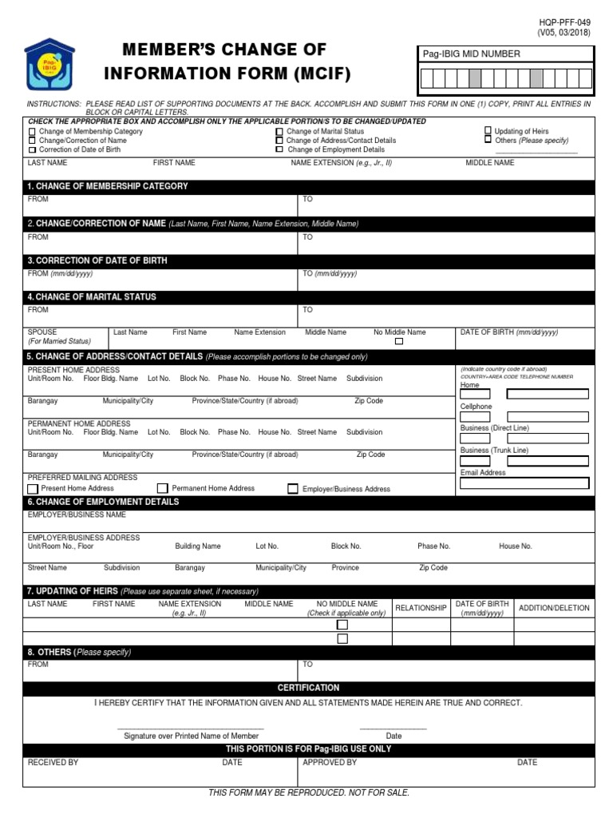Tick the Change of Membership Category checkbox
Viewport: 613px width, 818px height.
pyautogui.click(x=32, y=132)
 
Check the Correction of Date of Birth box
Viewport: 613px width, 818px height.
pyautogui.click(x=32, y=149)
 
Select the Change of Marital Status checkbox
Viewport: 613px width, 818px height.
pyautogui.click(x=279, y=132)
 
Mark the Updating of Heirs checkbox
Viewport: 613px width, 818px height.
pyautogui.click(x=488, y=130)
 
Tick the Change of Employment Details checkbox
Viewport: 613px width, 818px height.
pyautogui.click(x=279, y=149)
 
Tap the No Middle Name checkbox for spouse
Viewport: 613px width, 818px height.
pyautogui.click(x=399, y=341)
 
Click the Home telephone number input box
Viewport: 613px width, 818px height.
pyautogui.click(x=548, y=393)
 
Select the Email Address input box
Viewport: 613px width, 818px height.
pyautogui.click(x=524, y=482)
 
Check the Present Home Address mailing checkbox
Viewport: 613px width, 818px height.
pyautogui.click(x=33, y=489)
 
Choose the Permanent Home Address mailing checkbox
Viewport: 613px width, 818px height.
pyautogui.click(x=163, y=488)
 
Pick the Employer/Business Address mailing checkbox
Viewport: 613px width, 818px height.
pyautogui.click(x=293, y=489)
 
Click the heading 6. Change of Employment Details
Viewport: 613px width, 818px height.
pyautogui.click(x=104, y=502)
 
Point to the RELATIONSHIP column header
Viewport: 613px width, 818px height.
pyautogui.click(x=421, y=608)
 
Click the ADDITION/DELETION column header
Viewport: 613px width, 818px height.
pyautogui.click(x=554, y=608)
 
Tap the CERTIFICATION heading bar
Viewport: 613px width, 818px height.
pyautogui.click(x=308, y=688)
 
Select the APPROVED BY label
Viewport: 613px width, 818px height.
pyautogui.click(x=330, y=763)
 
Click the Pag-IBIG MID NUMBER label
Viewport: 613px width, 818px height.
pyautogui.click(x=472, y=54)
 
